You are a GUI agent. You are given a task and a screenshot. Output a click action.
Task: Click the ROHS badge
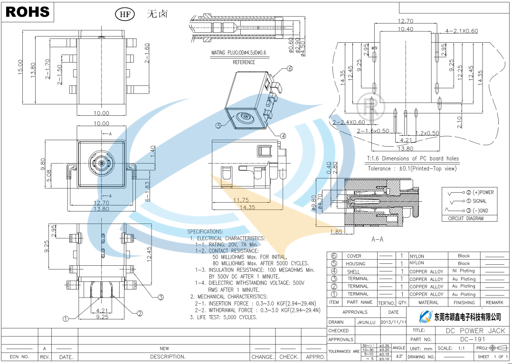coord(28,12)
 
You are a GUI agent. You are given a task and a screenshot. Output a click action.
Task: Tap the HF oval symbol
coord(125,14)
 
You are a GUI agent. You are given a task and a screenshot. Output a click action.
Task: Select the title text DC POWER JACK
coord(475,330)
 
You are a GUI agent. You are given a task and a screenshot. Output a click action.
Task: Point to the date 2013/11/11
coord(394,322)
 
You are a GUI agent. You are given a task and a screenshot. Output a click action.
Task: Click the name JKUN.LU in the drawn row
coord(366,322)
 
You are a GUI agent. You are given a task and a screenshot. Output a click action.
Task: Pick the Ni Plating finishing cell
coord(464,271)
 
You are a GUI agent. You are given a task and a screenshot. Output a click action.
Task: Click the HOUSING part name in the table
coord(355,264)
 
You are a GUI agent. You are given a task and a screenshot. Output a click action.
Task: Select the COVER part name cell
coord(354,256)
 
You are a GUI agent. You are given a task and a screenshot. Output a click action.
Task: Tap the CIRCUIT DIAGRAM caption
coord(465,219)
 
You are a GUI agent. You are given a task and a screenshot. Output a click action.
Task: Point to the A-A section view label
coord(378,240)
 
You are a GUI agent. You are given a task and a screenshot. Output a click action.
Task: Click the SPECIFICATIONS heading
coord(205,232)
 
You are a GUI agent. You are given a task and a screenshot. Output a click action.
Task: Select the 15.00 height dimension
coord(20,66)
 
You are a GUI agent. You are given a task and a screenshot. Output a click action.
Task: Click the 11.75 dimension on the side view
coord(241,200)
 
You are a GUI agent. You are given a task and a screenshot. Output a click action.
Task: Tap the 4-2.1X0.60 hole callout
coord(462,31)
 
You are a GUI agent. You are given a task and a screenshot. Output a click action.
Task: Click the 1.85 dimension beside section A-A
coord(336,232)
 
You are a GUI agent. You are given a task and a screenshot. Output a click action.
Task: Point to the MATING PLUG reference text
coord(239,53)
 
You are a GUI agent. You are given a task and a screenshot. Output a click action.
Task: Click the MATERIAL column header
coord(428,302)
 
